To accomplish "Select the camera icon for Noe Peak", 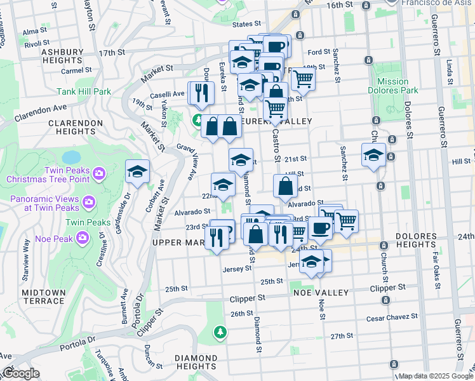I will click(83, 237).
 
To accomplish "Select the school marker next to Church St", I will click(373, 155).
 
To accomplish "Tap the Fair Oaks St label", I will click(436, 269).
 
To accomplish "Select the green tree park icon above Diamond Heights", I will click(220, 331).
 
